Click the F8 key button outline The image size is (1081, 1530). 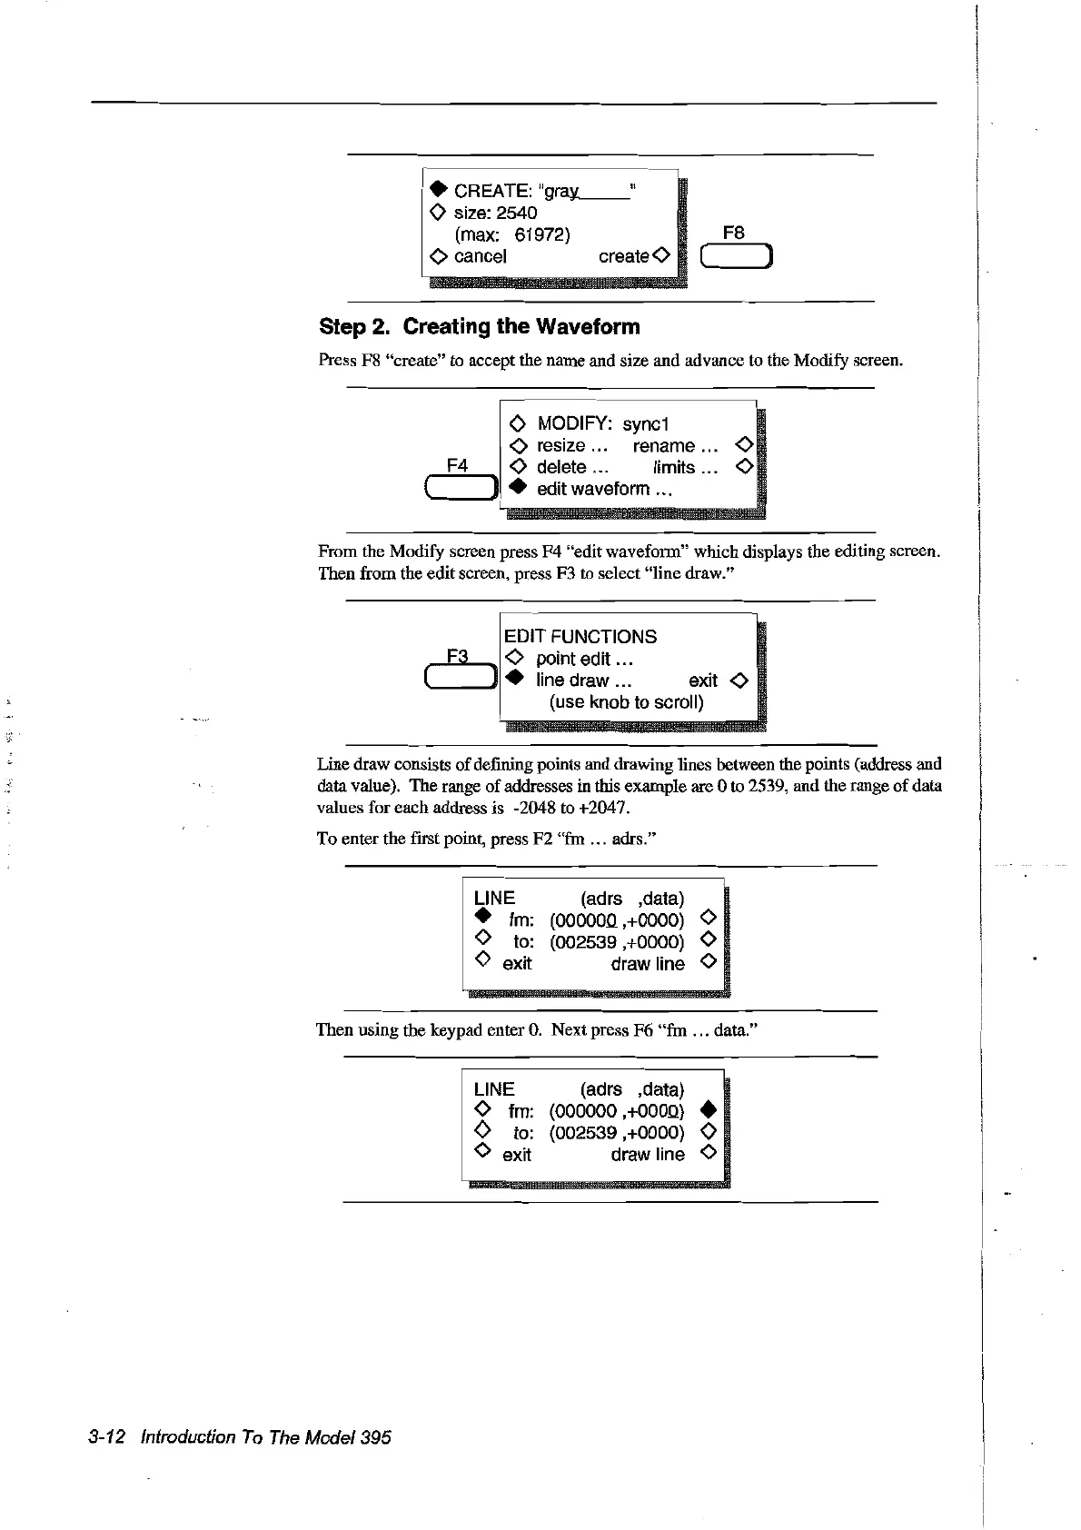coord(736,257)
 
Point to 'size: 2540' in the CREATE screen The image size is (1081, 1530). coord(495,213)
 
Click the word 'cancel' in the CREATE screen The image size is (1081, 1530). coord(480,256)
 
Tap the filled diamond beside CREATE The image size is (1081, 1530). coord(438,190)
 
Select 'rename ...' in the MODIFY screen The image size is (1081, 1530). coord(675,446)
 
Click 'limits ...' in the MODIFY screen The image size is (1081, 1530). coord(685,468)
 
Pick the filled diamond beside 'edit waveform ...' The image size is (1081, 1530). coord(517,488)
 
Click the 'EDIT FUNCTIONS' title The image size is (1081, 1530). coord(580,637)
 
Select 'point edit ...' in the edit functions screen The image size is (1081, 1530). coord(584,659)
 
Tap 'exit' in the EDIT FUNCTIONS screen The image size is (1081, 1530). coord(702,681)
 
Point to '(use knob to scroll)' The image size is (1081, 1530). coord(626,702)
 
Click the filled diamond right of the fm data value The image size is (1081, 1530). coord(709,1110)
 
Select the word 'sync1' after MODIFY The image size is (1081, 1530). coord(646,424)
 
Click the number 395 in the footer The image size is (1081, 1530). coord(375,1437)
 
